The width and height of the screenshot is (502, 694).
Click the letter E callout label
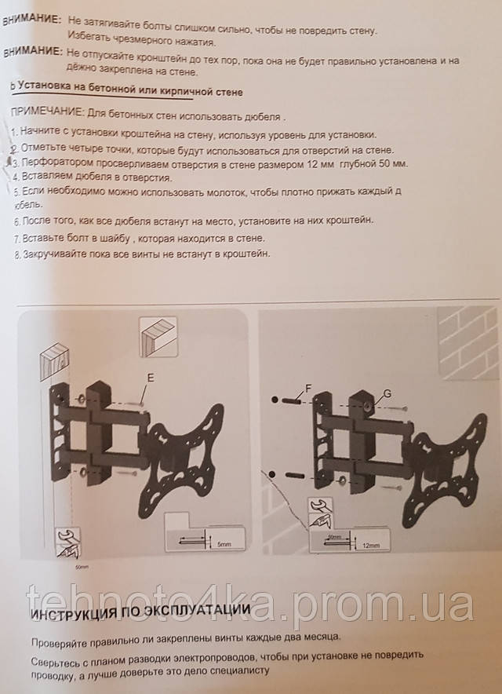151,378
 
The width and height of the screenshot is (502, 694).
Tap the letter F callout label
308,389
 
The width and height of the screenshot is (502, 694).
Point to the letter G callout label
387,393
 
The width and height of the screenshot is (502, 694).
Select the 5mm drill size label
224,544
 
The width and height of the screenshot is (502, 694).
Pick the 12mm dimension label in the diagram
371,546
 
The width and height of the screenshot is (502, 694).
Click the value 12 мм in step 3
319,164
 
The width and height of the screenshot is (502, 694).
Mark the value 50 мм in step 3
392,164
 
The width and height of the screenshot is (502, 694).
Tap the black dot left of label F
275,400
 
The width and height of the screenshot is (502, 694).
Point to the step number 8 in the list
16,255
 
